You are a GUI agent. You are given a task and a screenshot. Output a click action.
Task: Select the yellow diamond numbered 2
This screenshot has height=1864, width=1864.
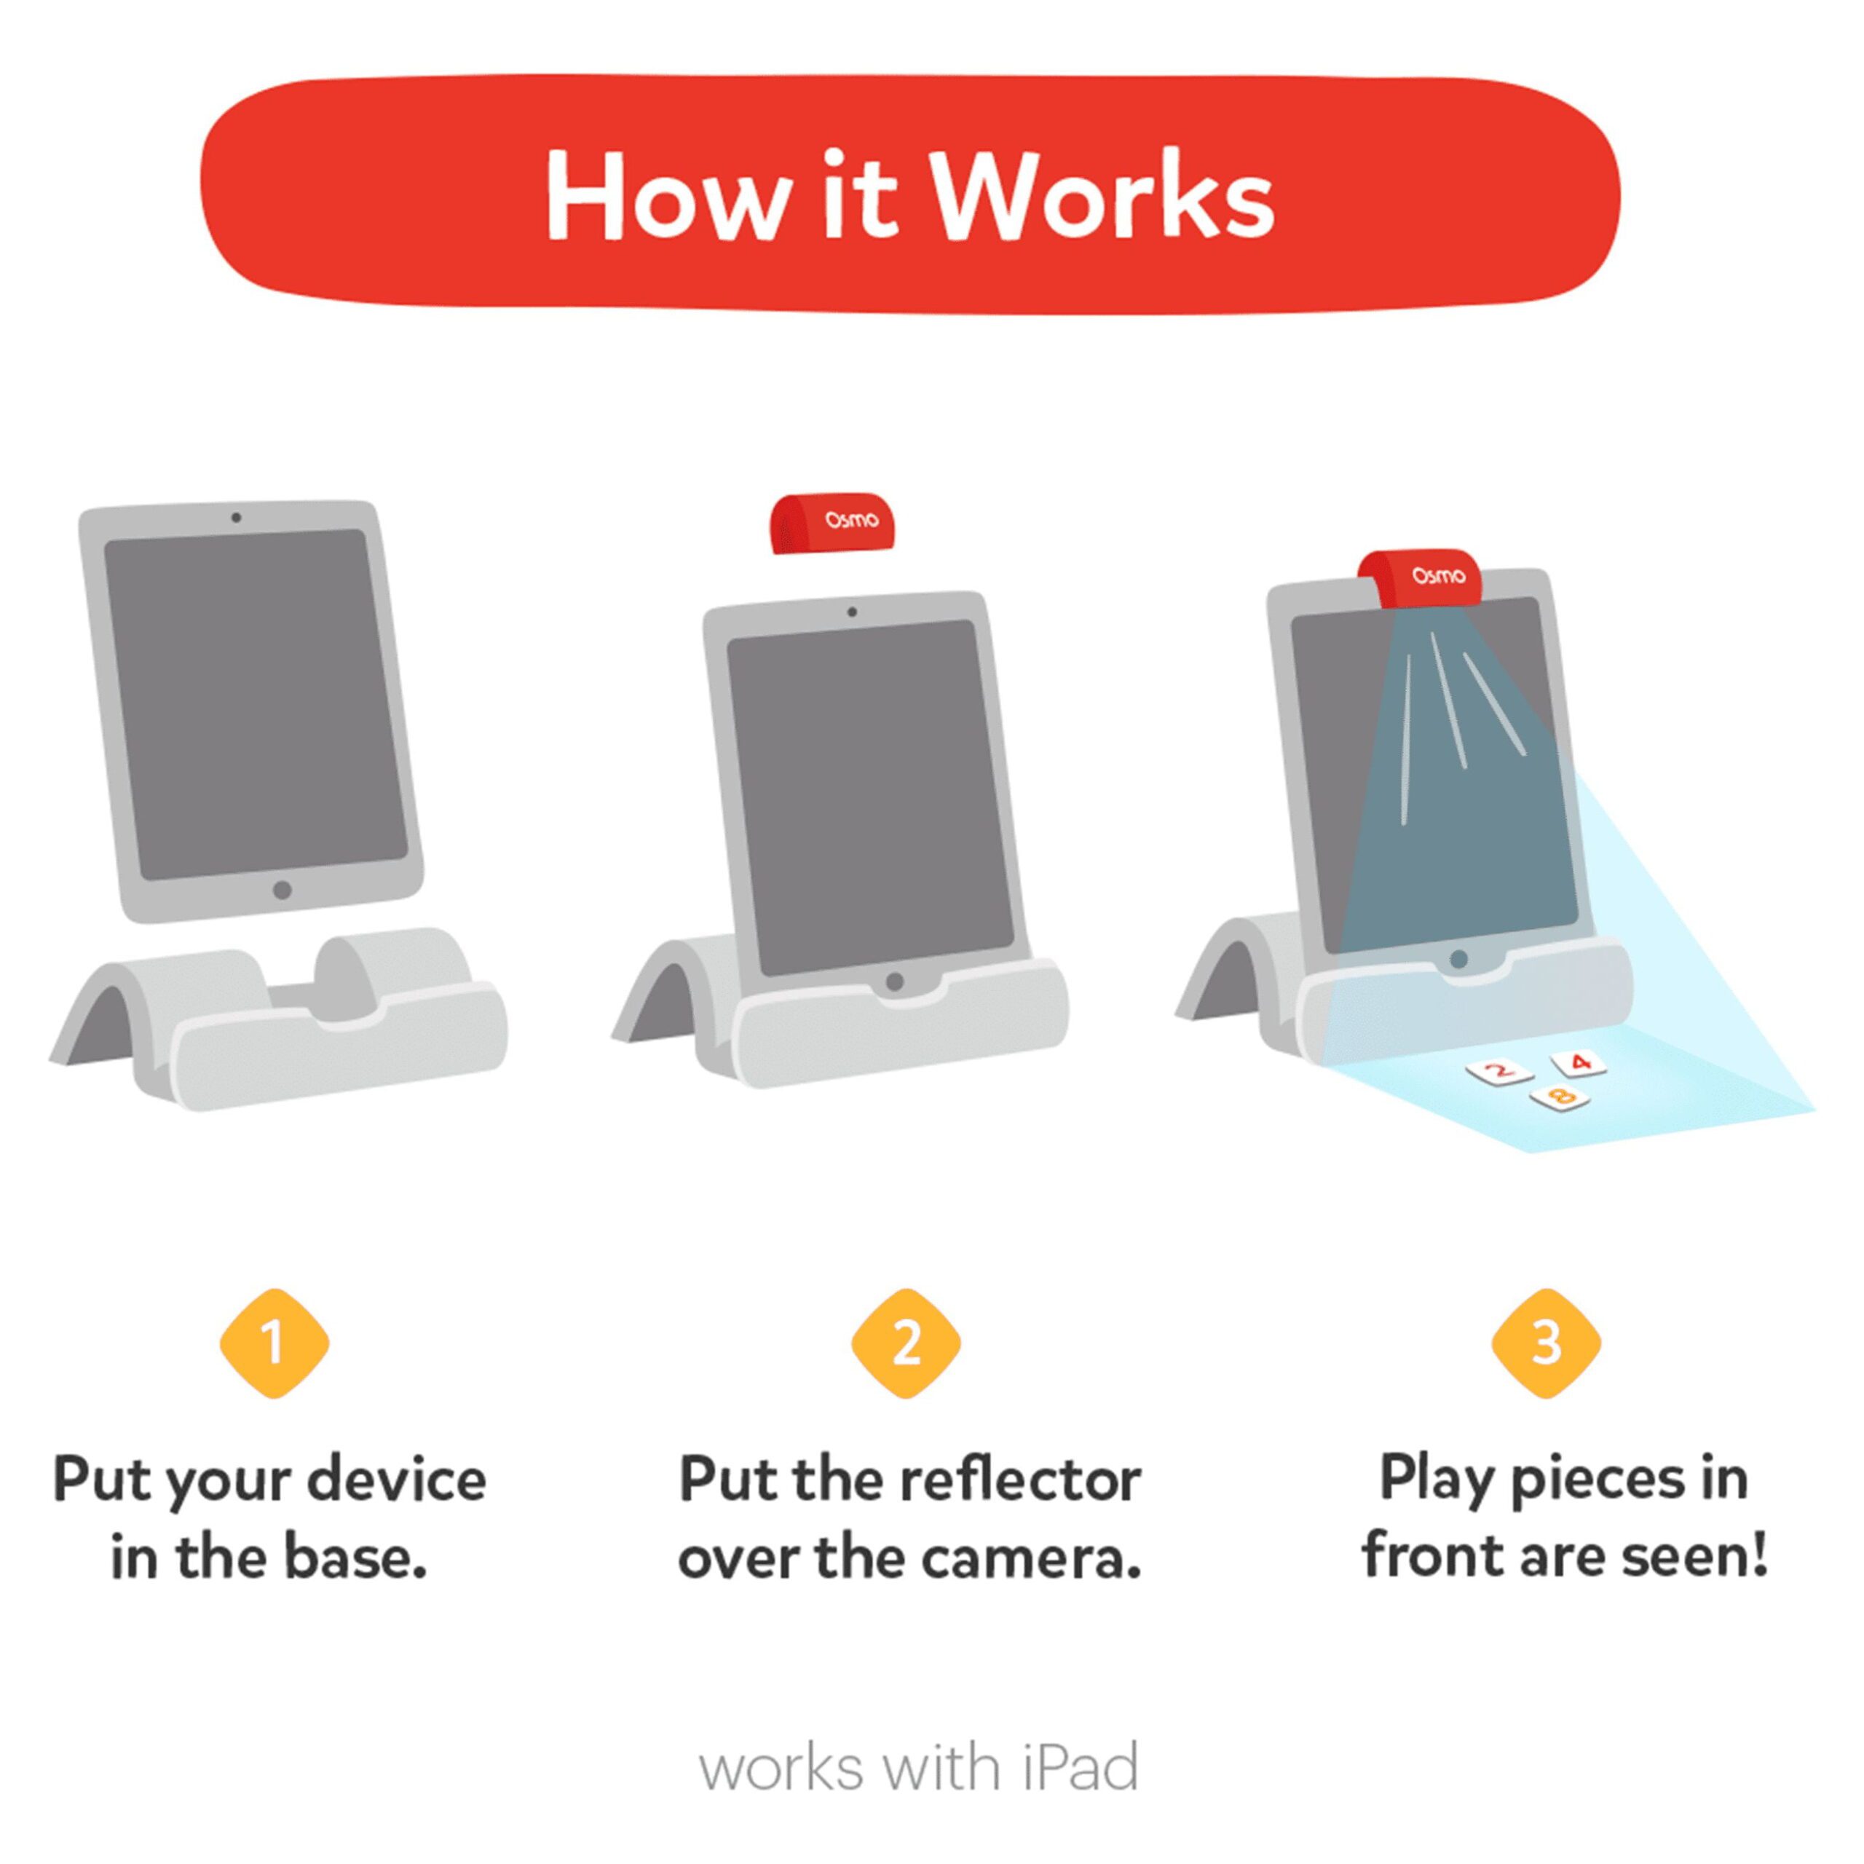point(905,1342)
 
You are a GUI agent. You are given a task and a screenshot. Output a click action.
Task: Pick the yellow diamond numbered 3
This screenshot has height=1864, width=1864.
point(1546,1342)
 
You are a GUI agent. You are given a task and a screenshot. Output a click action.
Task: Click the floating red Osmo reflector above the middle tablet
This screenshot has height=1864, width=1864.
point(832,523)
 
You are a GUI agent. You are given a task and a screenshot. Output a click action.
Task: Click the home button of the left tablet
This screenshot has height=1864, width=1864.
point(282,890)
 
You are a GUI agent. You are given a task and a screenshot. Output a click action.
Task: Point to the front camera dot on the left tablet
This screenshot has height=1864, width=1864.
point(237,518)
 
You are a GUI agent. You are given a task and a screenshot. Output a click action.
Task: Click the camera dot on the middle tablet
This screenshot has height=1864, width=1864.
point(852,612)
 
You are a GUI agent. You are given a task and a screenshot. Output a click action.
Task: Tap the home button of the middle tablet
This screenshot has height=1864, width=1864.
point(894,982)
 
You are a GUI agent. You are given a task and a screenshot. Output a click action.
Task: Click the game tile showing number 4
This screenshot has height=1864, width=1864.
point(1579,1063)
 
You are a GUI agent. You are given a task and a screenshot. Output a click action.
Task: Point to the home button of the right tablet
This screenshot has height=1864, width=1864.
point(1458,959)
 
